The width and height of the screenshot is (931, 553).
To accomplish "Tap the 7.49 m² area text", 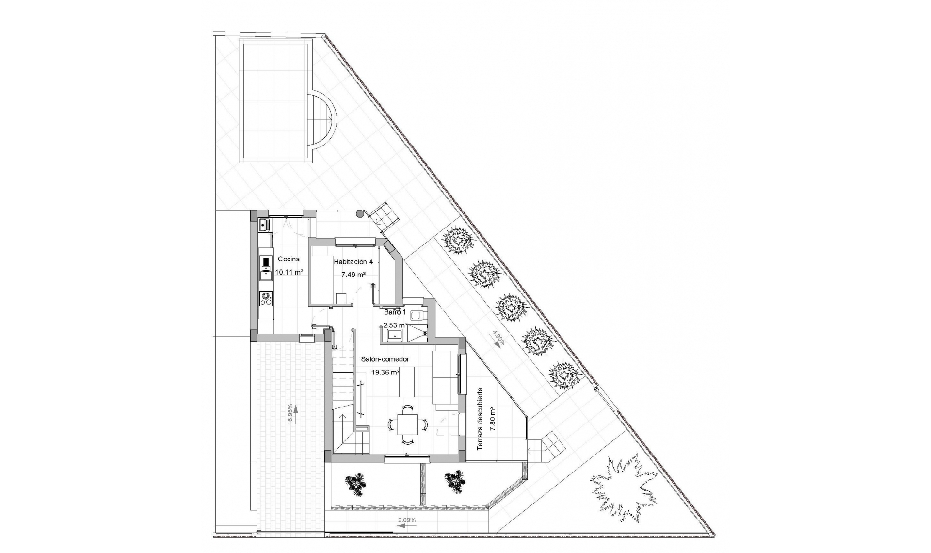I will (x=353, y=275).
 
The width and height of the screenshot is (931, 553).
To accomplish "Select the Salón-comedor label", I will (x=385, y=359).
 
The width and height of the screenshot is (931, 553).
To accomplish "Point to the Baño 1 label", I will (x=395, y=312).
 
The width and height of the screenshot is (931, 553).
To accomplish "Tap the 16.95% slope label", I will (x=290, y=414).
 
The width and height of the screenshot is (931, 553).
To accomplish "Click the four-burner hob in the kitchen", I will (x=265, y=298).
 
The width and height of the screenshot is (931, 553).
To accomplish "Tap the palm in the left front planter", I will (x=356, y=485).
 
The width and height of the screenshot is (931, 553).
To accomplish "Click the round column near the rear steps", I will (x=359, y=213).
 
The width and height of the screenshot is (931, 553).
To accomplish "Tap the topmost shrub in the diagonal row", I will (x=457, y=240).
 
